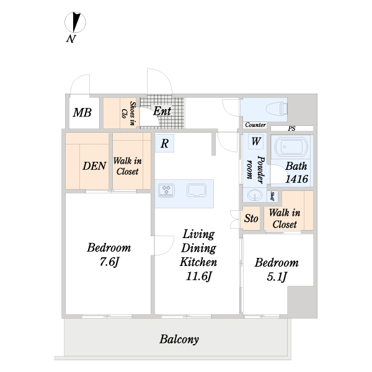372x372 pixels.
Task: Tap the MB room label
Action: point(82,112)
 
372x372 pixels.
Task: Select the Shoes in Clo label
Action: point(128,113)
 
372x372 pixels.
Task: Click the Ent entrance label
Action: point(162,111)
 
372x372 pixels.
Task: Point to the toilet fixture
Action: point(277,109)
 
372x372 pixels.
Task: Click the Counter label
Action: point(255,125)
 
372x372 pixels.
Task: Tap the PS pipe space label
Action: point(291,128)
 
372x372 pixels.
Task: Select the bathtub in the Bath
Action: point(291,146)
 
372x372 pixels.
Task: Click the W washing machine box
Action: point(255,141)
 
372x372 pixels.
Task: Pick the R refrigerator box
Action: point(165,143)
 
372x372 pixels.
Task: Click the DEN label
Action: point(94,166)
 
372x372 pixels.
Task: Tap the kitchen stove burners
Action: point(166,190)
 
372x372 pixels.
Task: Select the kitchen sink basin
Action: point(196,190)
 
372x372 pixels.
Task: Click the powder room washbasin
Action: point(255,195)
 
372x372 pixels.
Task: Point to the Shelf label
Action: point(273,196)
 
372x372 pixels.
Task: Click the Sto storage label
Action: point(251,218)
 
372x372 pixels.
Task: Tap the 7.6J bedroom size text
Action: point(109,262)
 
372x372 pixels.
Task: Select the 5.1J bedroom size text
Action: point(277,277)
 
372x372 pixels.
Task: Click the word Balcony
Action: point(179,339)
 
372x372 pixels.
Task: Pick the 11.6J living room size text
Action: point(198,276)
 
